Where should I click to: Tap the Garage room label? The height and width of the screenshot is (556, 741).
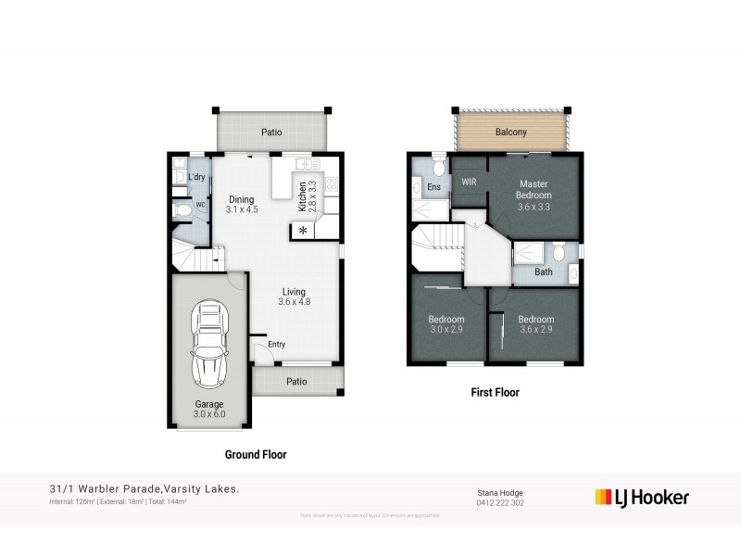click(208, 404)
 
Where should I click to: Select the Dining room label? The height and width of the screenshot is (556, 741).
click(241, 198)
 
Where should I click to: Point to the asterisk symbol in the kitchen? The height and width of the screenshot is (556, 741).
click(302, 231)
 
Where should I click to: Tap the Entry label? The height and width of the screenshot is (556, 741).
click(277, 345)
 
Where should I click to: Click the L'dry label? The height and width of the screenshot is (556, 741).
click(196, 177)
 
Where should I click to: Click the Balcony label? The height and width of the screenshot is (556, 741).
click(510, 133)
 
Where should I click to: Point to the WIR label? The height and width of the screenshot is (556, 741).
click(469, 182)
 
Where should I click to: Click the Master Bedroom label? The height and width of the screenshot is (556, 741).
click(534, 190)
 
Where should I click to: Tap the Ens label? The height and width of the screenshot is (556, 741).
click(433, 187)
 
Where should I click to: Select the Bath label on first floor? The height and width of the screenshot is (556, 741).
click(544, 272)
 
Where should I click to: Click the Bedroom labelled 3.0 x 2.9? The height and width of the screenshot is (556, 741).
click(447, 324)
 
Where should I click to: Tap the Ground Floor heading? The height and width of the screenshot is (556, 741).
click(256, 455)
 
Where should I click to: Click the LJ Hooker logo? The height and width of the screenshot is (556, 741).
click(641, 497)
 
